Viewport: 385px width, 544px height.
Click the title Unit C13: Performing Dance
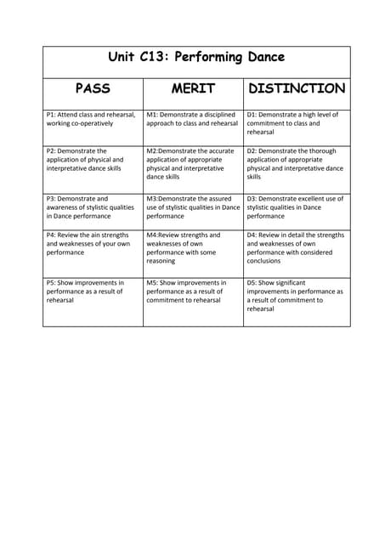196,58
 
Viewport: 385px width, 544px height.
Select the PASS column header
93,88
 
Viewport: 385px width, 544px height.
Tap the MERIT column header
193,88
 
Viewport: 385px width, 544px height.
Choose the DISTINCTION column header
296,88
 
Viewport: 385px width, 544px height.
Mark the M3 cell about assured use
193,207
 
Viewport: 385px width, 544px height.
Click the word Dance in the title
261,58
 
